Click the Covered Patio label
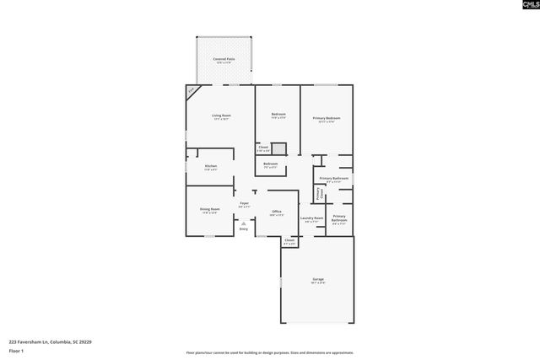tap(224, 58)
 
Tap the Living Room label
tap(221, 115)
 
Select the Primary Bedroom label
tap(327, 118)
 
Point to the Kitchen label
tap(210, 166)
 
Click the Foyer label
tap(244, 203)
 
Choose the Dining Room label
tap(210, 209)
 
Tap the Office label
tap(276, 212)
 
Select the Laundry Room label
tap(312, 218)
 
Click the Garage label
tap(318, 279)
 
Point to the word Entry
tap(244, 228)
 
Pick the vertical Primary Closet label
tap(319, 194)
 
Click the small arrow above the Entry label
tap(244, 223)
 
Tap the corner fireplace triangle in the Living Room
tap(192, 89)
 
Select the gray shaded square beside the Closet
tap(279, 149)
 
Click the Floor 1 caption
tap(15, 350)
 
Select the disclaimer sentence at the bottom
tap(269, 352)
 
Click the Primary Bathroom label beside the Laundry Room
tap(338, 218)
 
